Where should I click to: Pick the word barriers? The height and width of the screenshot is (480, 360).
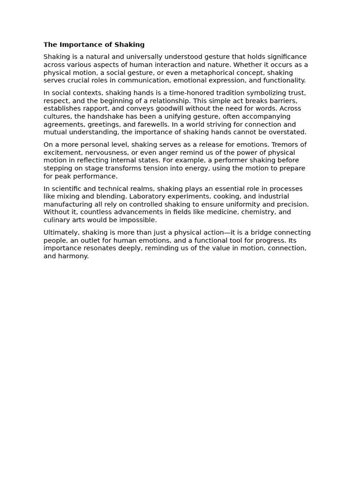pos(283,101)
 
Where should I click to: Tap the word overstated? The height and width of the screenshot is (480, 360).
pos(286,132)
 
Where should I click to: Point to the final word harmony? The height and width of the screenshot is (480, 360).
pos(73,256)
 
